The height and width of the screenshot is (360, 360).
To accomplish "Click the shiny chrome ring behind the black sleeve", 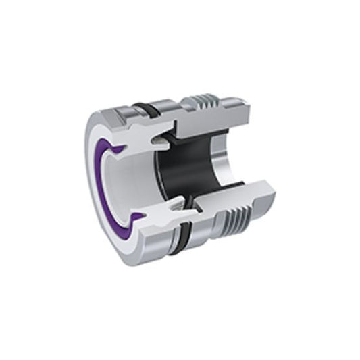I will (x=220, y=169).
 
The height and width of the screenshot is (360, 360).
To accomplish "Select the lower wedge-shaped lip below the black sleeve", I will (x=178, y=202).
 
